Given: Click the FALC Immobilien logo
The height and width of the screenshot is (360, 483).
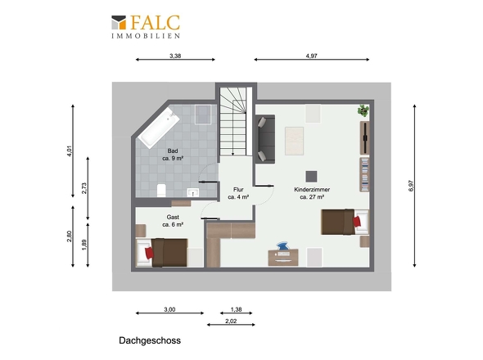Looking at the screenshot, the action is (x=146, y=27).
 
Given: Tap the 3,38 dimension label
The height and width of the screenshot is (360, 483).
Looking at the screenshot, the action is (x=175, y=56).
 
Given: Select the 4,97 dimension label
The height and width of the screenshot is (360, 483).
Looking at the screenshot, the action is (x=311, y=56).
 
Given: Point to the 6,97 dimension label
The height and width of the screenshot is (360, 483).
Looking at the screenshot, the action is (x=412, y=186).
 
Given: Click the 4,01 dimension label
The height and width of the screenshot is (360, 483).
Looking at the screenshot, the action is (x=70, y=151).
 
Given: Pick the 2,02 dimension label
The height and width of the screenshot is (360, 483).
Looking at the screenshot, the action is (x=231, y=321).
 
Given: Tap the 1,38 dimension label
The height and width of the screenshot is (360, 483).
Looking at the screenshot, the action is (x=237, y=309).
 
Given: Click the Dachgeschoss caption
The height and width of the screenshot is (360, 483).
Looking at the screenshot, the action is (x=150, y=340).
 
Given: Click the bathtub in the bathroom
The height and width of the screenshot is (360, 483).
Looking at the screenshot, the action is (x=159, y=128).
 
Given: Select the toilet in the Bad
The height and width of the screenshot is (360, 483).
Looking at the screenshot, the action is (x=161, y=191).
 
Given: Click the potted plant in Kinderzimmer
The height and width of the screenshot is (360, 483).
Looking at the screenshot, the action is (x=363, y=110).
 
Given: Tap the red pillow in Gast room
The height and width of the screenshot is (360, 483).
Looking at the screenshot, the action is (x=149, y=253).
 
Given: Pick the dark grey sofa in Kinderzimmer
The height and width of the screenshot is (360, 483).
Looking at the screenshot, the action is (x=265, y=139).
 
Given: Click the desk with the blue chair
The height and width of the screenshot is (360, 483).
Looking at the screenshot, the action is (x=283, y=257).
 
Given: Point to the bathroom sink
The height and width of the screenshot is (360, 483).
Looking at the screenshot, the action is (x=193, y=193).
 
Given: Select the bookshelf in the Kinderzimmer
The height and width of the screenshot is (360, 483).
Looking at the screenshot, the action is (x=365, y=174).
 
